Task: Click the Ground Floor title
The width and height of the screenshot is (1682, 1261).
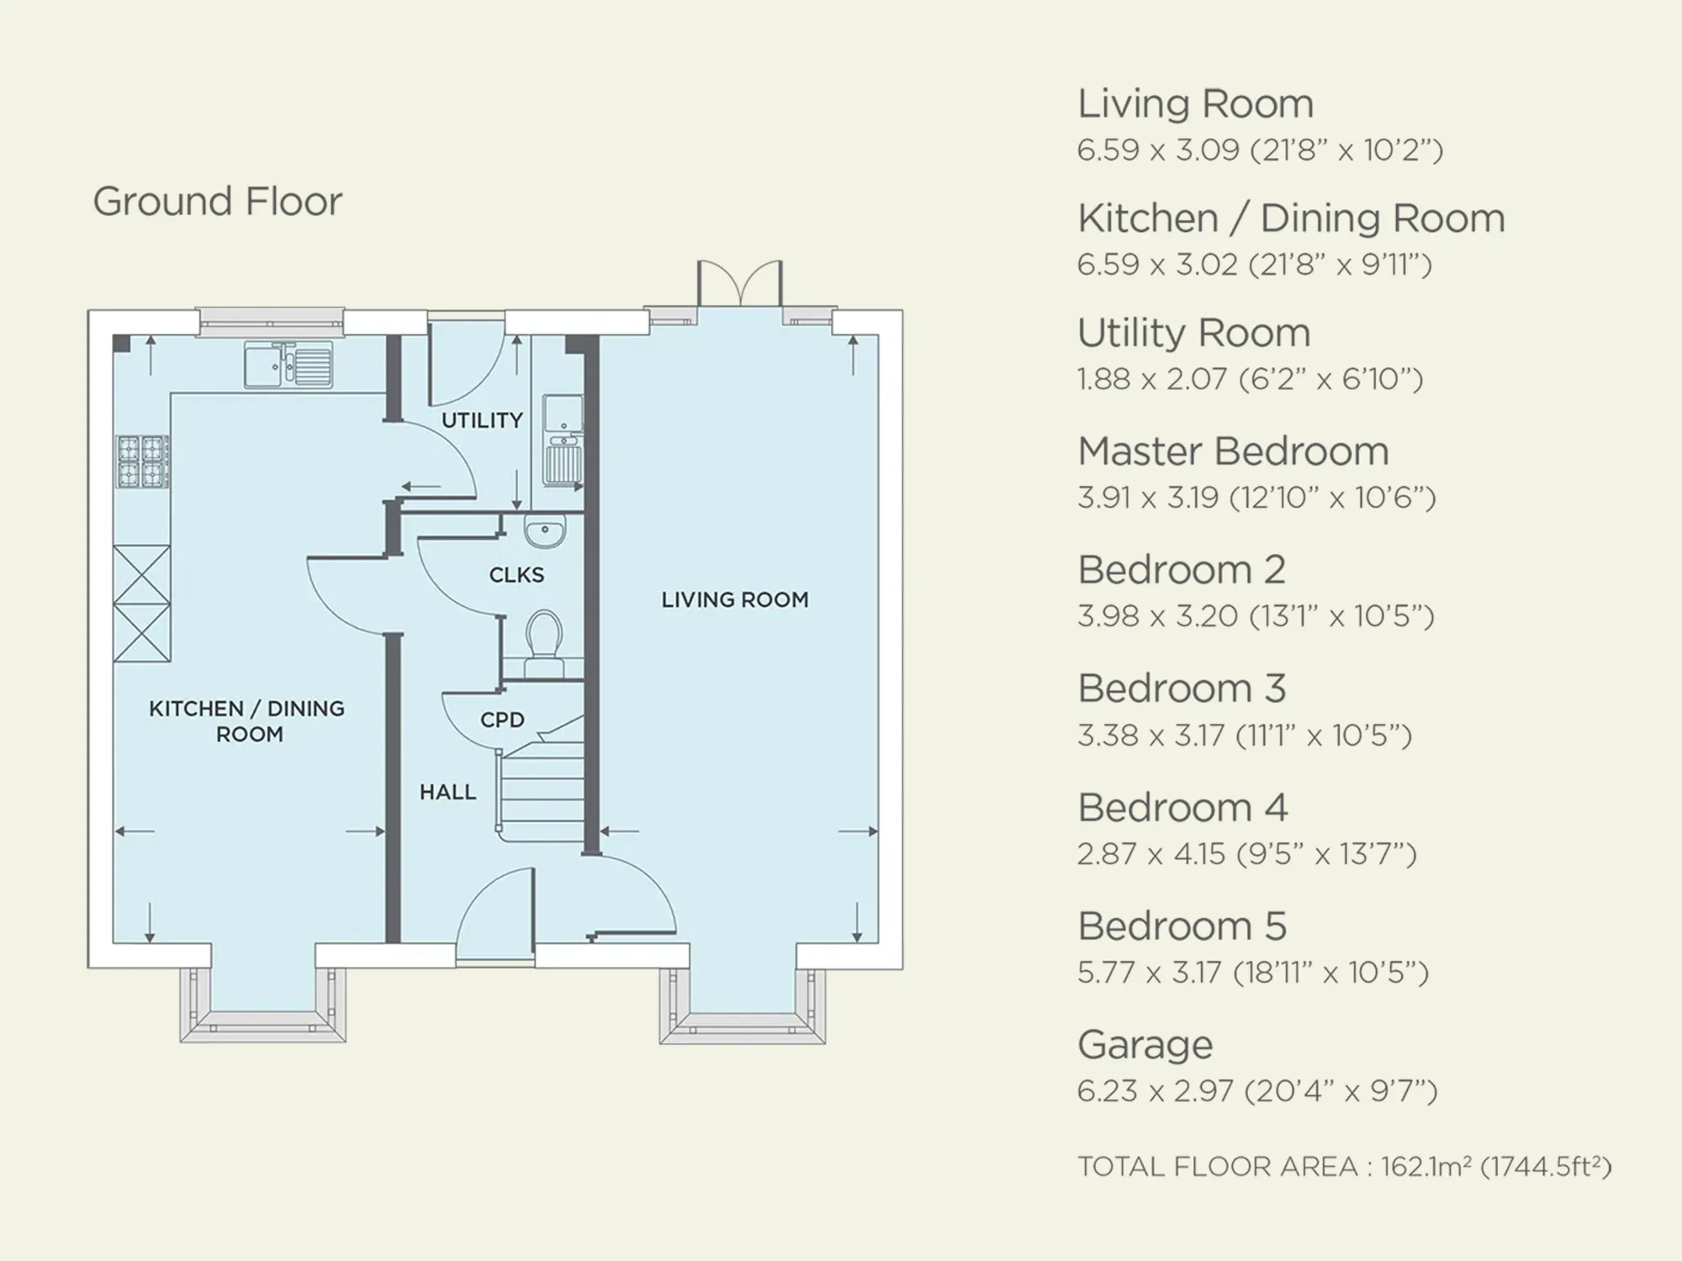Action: coord(217,202)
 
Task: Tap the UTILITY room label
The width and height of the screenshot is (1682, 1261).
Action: coord(482,419)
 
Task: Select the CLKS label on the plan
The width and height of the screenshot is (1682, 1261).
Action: coord(516,575)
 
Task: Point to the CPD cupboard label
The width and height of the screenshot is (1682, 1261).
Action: coord(502,720)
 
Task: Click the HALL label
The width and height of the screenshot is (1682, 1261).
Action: coord(447,792)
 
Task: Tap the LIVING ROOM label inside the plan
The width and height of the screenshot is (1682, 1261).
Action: coord(734,599)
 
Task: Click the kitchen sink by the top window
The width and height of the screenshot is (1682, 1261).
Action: coord(288,364)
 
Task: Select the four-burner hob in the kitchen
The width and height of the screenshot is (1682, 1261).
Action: coord(142,462)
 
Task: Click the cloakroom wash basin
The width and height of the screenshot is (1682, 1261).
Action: coord(545,531)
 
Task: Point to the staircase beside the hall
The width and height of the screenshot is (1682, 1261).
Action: coord(542,778)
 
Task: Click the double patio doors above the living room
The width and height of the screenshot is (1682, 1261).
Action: coord(740,283)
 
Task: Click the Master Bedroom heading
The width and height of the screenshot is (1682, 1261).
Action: coord(1233,451)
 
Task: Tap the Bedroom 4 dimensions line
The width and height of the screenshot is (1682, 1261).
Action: coord(1246,854)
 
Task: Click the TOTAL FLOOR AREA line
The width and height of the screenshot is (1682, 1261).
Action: coord(1344,1167)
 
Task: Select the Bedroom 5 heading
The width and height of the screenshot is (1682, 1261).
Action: coord(1182,926)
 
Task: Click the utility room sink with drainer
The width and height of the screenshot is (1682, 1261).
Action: coord(562,440)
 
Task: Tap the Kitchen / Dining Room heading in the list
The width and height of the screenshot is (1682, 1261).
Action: coord(1291,219)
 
